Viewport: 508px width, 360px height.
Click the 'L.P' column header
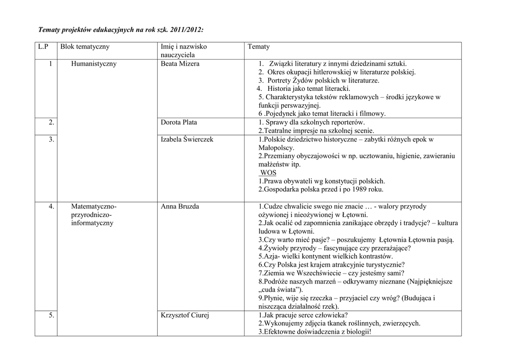coord(43,47)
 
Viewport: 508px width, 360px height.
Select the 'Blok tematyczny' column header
coord(85,47)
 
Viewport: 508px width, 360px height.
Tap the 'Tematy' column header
coord(259,47)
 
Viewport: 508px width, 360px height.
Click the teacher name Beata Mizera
coord(180,64)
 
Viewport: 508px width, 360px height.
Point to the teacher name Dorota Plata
coord(179,122)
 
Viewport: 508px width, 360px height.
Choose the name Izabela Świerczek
coord(187,140)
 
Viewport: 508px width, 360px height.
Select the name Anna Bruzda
coord(180,207)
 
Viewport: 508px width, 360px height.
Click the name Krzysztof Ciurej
coord(185,315)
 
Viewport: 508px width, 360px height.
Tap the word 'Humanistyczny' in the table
coord(94,64)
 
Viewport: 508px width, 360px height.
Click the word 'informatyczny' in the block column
coord(92,223)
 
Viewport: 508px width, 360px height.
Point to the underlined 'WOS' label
coord(268,173)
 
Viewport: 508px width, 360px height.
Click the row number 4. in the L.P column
coord(51,207)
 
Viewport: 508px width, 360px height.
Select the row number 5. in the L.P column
coord(51,315)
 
